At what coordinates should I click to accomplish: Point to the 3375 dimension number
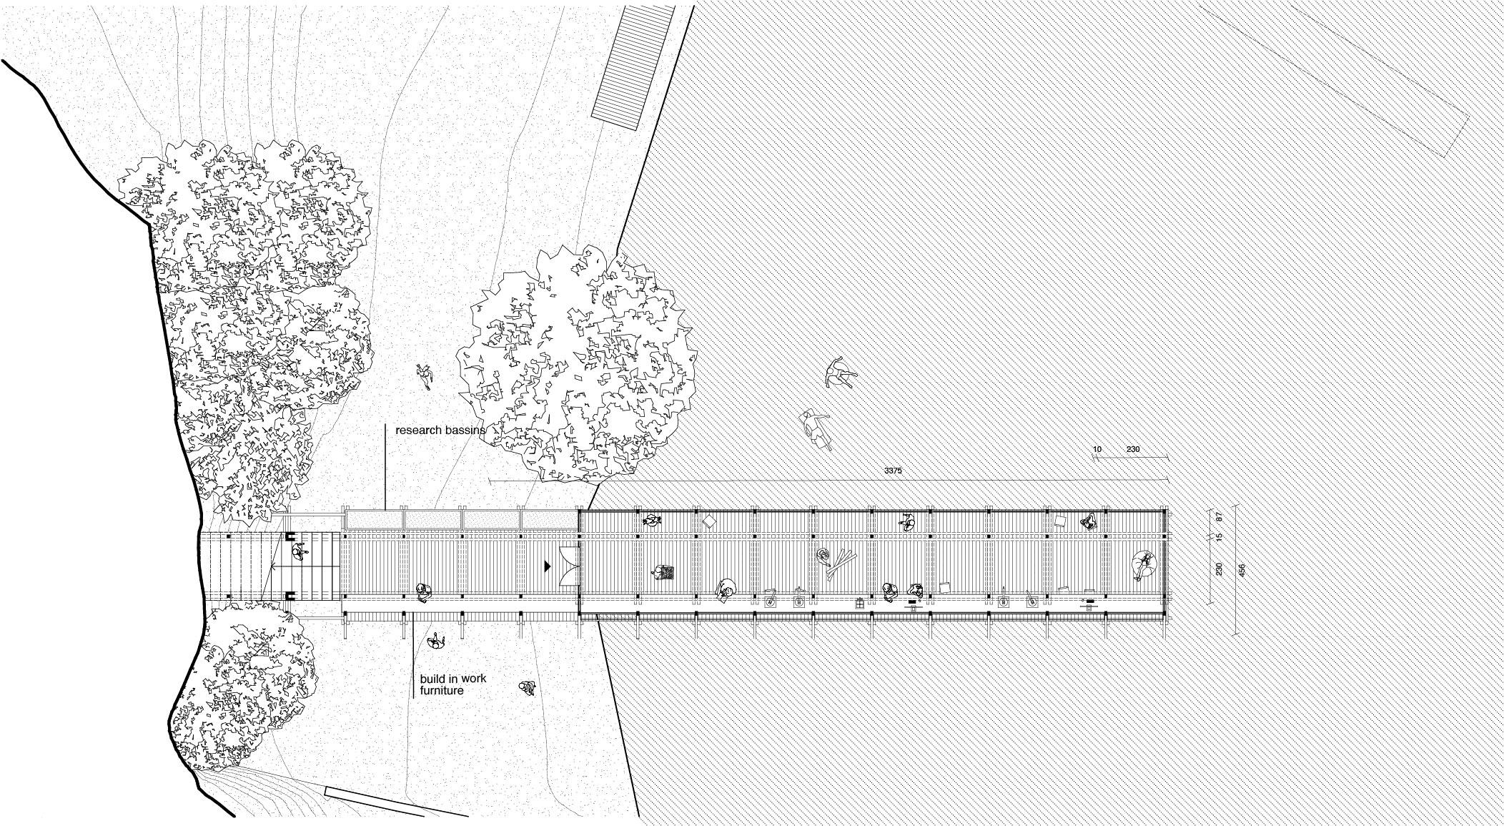(894, 471)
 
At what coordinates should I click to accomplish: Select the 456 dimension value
(1242, 570)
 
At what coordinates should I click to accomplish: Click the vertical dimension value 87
(1219, 516)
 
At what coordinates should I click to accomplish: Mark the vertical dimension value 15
(1219, 536)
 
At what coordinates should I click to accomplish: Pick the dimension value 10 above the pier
(1097, 450)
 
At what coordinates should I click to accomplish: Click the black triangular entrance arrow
(548, 566)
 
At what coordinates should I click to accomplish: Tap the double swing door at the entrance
(570, 566)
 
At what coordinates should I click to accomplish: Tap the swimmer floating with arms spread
(841, 373)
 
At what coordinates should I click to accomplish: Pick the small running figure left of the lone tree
(425, 375)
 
